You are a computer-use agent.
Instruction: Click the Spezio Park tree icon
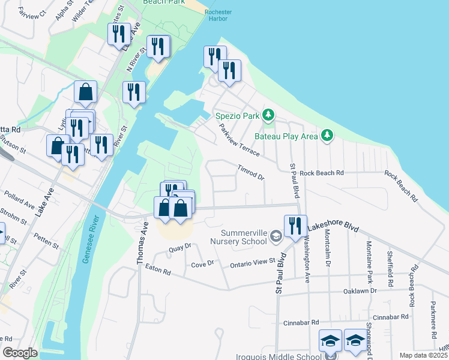pos(270,114)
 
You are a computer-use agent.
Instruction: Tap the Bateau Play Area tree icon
pos(327,136)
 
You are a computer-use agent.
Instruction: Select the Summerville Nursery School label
pos(238,237)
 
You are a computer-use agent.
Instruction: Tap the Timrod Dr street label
pos(251,173)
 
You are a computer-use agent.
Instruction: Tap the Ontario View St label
pos(252,262)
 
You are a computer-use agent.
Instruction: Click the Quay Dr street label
pos(179,246)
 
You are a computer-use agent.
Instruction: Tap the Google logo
pos(20,353)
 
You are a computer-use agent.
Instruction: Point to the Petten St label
pos(46,241)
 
